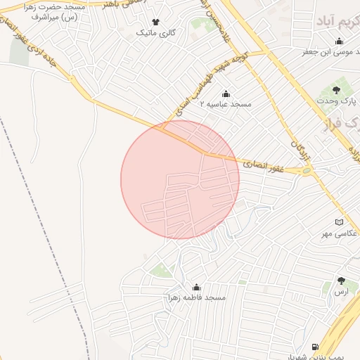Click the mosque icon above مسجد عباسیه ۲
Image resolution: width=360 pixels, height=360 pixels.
click(226, 94)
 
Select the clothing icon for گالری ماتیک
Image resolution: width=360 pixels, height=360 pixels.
click(155, 22)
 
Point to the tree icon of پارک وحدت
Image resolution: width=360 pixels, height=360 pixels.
click(335, 89)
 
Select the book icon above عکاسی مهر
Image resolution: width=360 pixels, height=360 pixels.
click(342, 222)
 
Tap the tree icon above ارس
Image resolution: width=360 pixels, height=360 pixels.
click(341, 281)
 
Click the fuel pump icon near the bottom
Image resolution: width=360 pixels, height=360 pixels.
click(314, 347)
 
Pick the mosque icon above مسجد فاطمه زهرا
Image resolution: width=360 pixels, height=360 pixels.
click(195, 288)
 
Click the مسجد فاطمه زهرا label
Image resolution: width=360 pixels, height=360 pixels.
click(195, 298)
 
